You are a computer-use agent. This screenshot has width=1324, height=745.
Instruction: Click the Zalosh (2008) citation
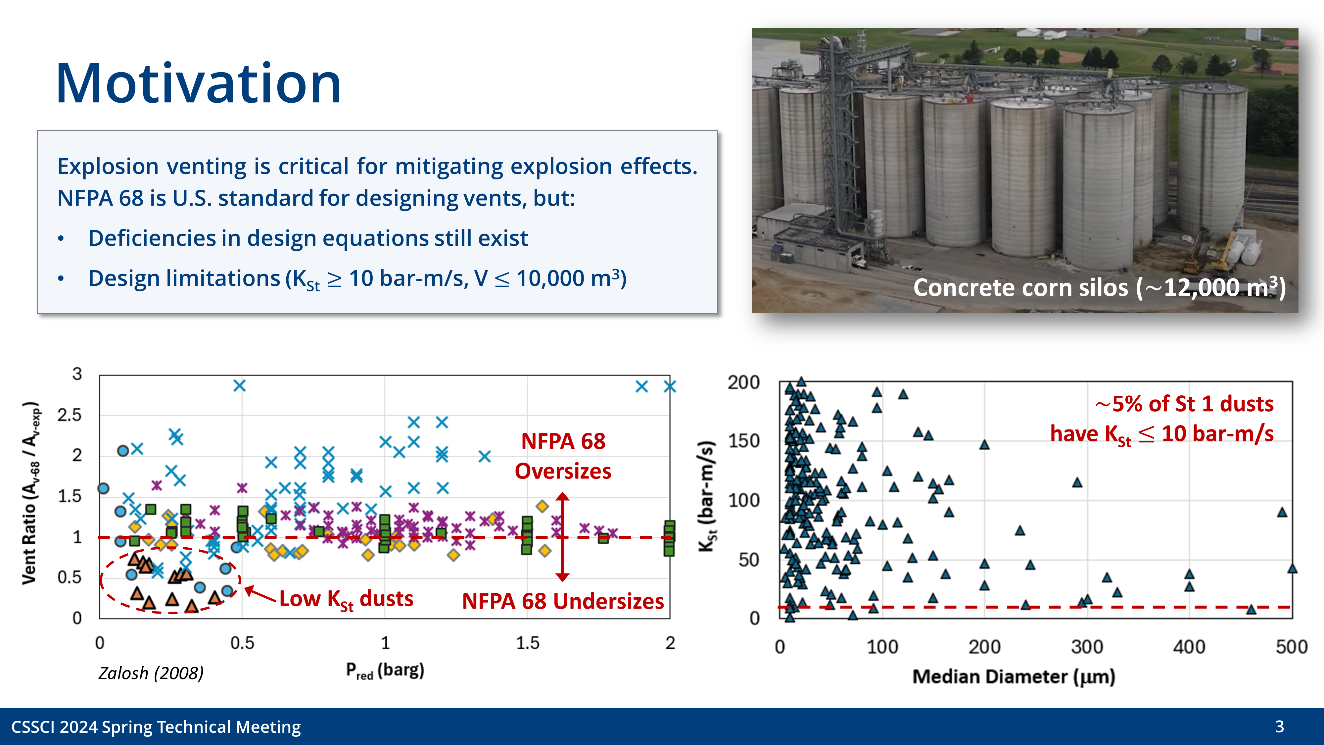151,673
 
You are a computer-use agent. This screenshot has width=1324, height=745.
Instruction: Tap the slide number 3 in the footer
1279,726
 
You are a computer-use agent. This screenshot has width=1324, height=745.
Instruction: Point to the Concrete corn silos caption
1099,288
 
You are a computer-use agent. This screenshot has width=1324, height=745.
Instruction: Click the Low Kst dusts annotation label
346,600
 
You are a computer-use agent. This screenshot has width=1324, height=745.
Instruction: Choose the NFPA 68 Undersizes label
563,601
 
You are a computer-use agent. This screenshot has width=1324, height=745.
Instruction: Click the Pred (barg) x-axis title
385,670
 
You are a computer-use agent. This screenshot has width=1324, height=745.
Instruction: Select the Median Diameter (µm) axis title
1014,676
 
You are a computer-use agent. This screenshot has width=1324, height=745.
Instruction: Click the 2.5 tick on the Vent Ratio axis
70,415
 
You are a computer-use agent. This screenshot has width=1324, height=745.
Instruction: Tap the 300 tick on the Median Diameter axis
1087,647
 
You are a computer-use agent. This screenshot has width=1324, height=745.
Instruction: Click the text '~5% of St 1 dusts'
1184,404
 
